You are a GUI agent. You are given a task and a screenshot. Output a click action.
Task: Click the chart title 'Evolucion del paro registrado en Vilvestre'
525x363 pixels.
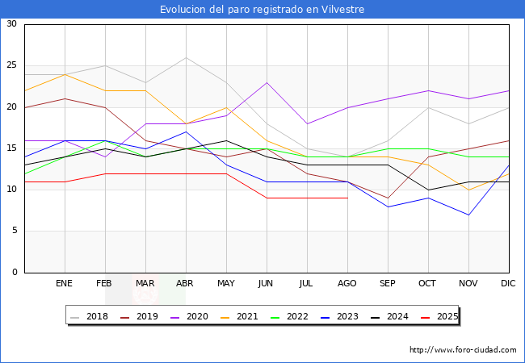pyautogui.click(x=262, y=9)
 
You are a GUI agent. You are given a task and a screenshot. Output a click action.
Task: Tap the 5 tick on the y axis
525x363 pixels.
pyautogui.click(x=14, y=231)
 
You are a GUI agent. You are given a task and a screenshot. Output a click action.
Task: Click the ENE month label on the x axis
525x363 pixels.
pyautogui.click(x=65, y=284)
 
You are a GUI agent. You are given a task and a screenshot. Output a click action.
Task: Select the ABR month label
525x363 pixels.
pyautogui.click(x=186, y=284)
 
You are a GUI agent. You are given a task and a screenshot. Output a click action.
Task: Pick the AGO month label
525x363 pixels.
pyautogui.click(x=347, y=284)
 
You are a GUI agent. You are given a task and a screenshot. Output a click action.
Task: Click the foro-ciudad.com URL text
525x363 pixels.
pyautogui.click(x=463, y=350)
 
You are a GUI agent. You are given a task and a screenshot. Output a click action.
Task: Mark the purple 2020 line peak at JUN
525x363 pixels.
pyautogui.click(x=267, y=82)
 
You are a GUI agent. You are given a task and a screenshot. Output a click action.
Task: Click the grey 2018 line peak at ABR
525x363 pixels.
pyautogui.click(x=186, y=57)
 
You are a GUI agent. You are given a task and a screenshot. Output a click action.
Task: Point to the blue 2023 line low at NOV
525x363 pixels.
pyautogui.click(x=468, y=215)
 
